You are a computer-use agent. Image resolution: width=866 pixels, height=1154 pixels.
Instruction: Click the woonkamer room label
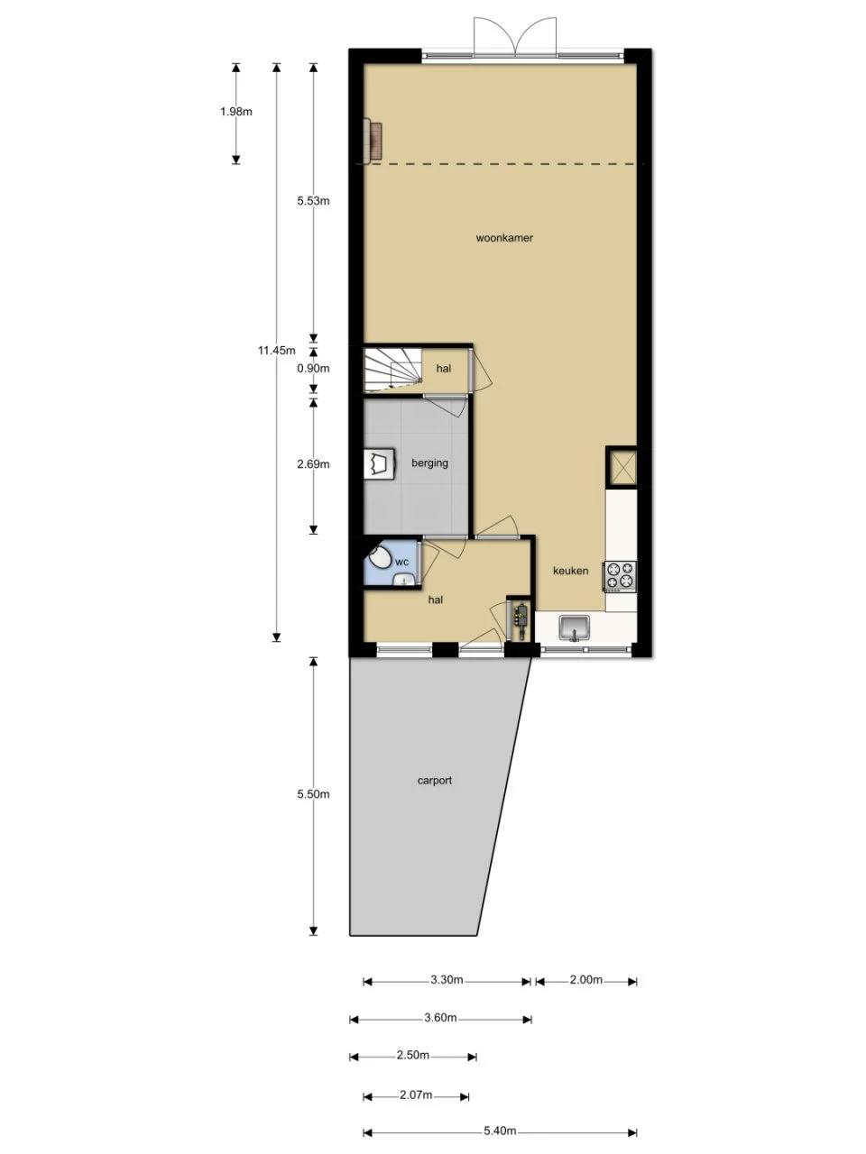point(504,238)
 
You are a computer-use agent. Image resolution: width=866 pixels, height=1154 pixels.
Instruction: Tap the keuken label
point(570,571)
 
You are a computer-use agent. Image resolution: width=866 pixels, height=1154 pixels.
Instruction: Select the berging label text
point(429,463)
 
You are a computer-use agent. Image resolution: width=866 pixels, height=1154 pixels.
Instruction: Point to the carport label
point(434,780)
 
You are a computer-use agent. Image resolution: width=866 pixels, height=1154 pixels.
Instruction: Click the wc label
point(401,562)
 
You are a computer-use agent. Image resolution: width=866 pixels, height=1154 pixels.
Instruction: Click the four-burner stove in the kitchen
point(620,576)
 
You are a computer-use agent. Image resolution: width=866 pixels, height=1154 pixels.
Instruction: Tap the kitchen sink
point(575,628)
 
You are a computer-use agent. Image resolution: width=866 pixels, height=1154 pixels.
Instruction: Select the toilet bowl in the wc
point(380,557)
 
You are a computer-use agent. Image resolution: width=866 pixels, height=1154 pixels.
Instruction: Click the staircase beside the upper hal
point(393,370)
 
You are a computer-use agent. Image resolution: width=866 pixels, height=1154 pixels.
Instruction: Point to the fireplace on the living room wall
point(373,140)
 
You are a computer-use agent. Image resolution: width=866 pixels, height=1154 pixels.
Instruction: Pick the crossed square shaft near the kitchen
point(622,467)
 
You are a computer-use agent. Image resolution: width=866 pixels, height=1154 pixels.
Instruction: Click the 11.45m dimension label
point(277,350)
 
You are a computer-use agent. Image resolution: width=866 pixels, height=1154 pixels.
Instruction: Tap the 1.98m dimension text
point(236,112)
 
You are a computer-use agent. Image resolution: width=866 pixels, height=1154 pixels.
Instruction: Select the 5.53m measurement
point(313,201)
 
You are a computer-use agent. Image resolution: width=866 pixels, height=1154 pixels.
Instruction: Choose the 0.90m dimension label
point(313,369)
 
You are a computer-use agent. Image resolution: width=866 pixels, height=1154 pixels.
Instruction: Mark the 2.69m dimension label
point(313,464)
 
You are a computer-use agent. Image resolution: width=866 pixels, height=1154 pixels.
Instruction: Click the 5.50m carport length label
point(313,794)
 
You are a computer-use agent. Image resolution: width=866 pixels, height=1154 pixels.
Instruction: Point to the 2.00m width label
point(586,980)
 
